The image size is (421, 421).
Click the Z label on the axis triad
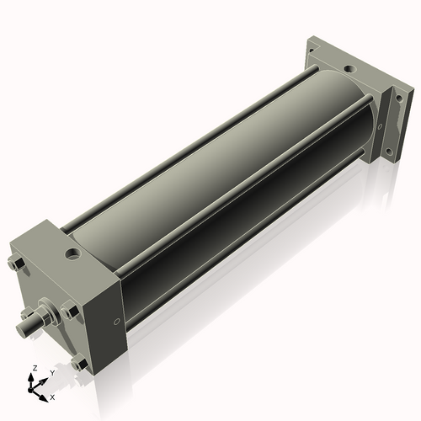(34, 369)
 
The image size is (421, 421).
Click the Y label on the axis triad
(52, 372)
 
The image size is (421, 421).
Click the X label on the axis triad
(52, 396)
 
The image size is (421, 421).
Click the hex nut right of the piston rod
(70, 311)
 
